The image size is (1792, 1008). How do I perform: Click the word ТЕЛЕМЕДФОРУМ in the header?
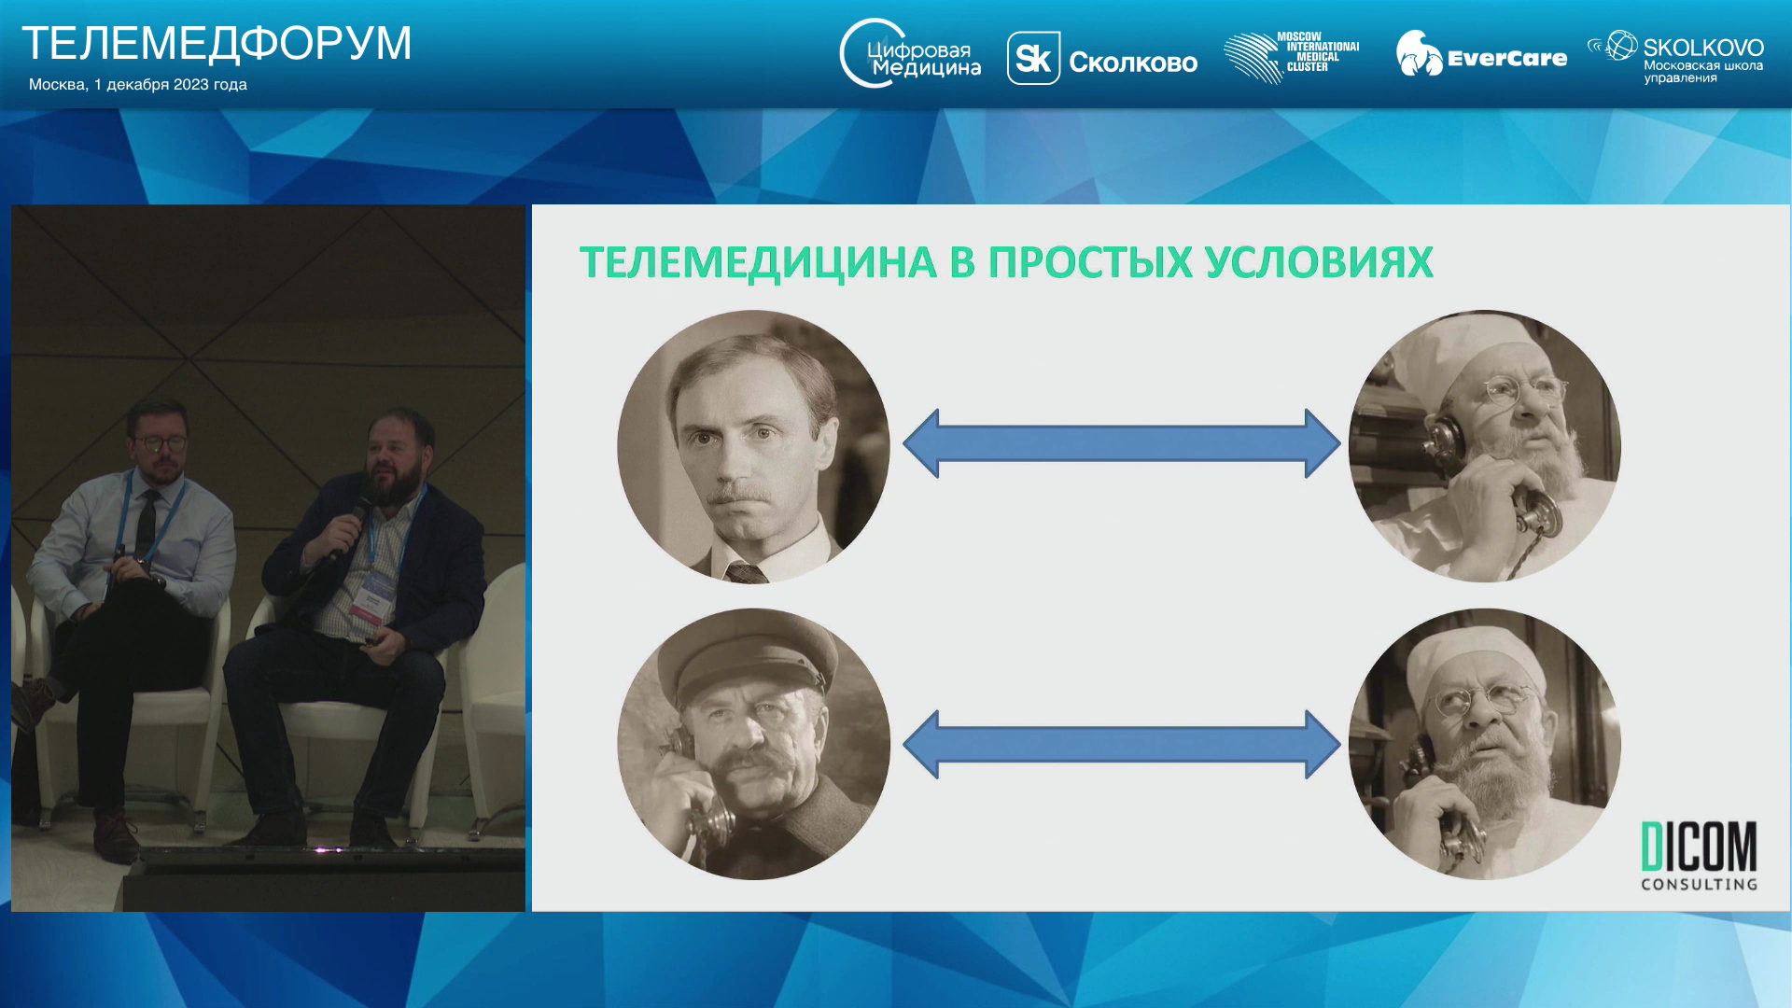pos(217,44)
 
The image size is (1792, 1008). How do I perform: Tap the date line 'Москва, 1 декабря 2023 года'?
pos(138,85)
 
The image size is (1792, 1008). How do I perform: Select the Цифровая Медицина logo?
pos(910,54)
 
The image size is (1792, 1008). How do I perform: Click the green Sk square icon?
pos(1033,59)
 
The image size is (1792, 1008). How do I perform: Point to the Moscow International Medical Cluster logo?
pos(1292,57)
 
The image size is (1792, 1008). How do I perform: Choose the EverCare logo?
pos(1481,54)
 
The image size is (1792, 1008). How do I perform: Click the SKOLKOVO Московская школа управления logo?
pos(1675,57)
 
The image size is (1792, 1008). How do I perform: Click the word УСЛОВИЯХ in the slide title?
pos(1319,262)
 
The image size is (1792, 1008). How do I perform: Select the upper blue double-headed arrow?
pos(1122,444)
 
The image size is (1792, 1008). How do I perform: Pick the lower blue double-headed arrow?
pos(1122,745)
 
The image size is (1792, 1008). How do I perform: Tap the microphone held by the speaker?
pos(347,526)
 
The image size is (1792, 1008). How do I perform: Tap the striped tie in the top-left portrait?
pos(747,572)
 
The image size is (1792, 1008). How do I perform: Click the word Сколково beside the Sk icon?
pos(1133,63)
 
